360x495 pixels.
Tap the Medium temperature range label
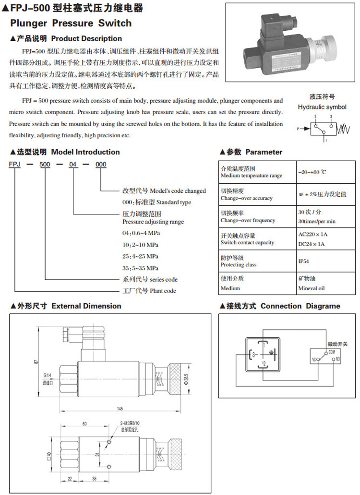252,176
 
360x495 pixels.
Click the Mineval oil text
312,288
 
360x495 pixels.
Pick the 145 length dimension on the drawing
120,409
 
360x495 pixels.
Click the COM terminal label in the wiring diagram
332,353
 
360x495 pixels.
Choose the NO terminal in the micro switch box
338,359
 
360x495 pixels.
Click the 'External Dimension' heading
86,306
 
